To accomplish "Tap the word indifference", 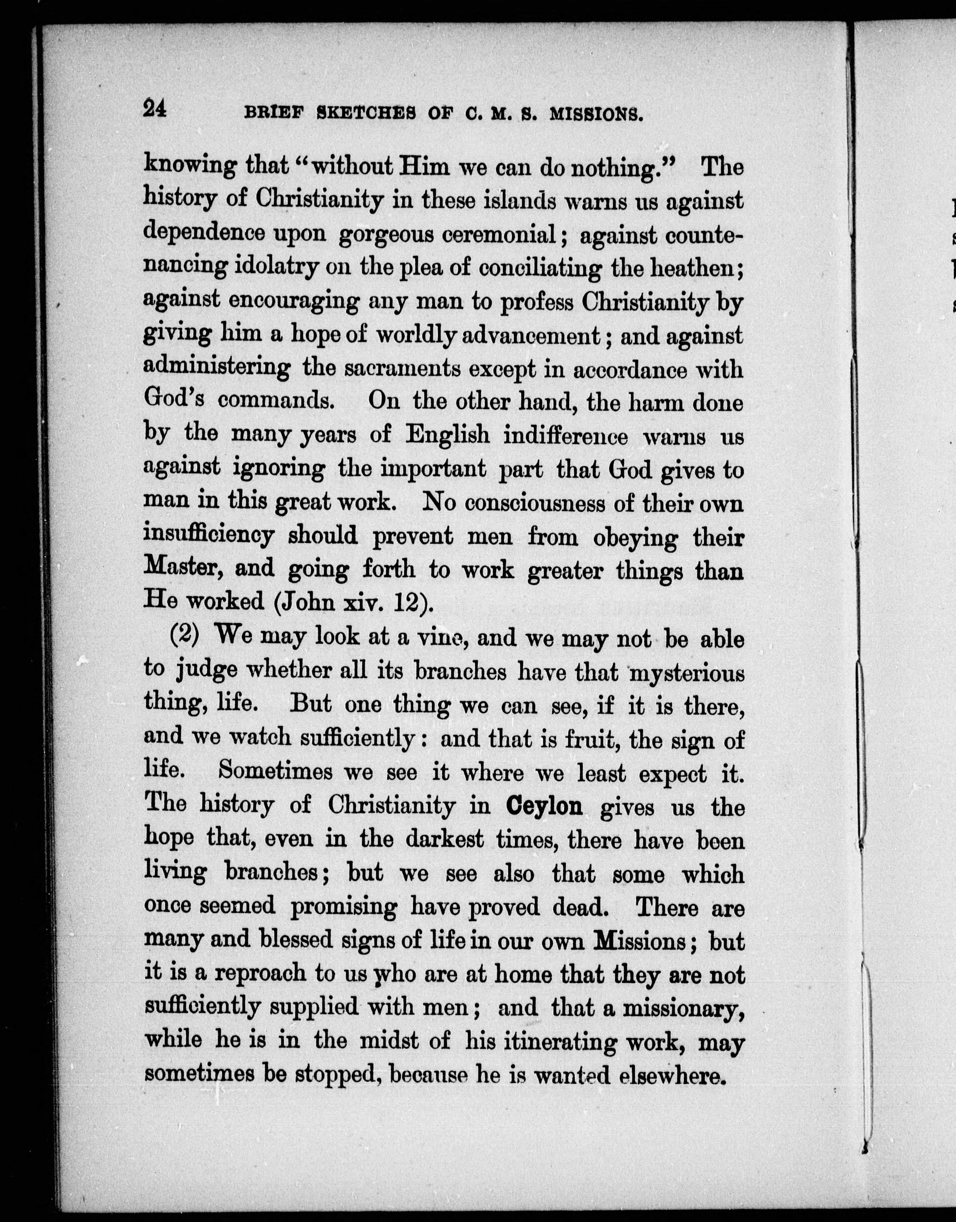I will (x=565, y=436).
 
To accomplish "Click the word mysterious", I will (x=687, y=672).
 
